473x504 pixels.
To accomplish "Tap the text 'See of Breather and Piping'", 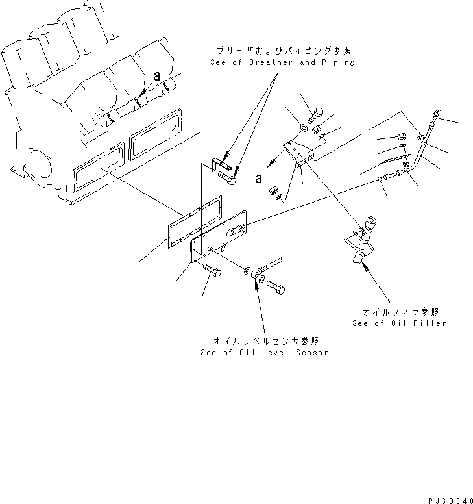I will click(x=282, y=62).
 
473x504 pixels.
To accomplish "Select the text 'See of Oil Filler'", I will click(x=399, y=323).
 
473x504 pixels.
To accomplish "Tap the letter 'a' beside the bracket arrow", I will click(x=260, y=178).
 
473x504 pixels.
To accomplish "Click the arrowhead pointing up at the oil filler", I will click(x=368, y=266).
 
